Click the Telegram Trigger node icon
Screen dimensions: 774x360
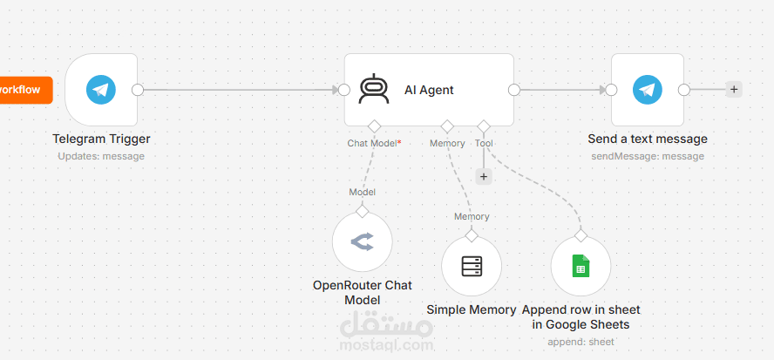coord(101,90)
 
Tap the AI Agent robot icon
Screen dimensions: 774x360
coord(374,90)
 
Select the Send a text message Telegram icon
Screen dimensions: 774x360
coord(648,90)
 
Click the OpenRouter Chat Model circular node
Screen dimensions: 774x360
coord(363,241)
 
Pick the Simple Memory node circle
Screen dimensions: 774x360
coord(472,266)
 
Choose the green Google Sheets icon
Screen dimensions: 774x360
coord(581,266)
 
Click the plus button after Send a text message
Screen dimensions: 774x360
coord(734,90)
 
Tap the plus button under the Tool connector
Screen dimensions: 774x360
coord(484,176)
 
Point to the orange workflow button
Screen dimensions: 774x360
coord(24,90)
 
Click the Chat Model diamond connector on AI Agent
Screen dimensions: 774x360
coord(374,126)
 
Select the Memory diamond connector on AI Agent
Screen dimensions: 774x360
coord(447,126)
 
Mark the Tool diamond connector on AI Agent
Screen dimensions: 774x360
coord(484,126)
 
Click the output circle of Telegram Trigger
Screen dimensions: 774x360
coord(138,90)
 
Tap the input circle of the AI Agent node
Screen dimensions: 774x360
coord(344,90)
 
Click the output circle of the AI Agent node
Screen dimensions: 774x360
coord(514,90)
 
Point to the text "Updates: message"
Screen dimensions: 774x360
coord(101,157)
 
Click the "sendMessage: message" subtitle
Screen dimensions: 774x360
coord(648,157)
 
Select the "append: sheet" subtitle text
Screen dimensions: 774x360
coord(581,342)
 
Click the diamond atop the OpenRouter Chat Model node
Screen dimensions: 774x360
coord(363,211)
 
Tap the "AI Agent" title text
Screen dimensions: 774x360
coord(429,90)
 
